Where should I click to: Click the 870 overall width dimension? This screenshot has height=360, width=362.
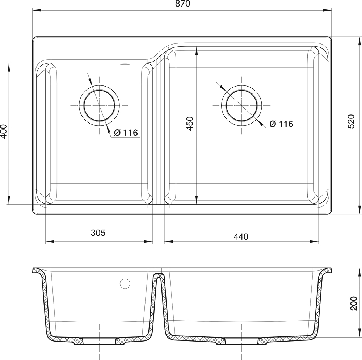pos(182,4)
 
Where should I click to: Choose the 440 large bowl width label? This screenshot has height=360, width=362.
pos(241,237)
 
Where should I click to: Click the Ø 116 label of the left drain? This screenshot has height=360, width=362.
pos(126,133)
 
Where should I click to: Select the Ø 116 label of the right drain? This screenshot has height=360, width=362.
pos(281,124)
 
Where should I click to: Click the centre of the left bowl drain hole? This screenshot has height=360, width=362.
pos(99,105)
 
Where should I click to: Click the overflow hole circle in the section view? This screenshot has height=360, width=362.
pos(125,284)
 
